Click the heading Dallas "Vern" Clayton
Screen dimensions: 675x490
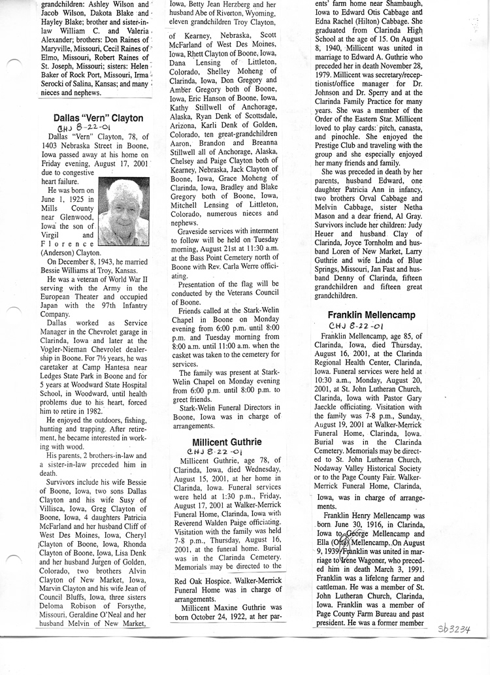98,118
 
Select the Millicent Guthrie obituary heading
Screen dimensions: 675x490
226,442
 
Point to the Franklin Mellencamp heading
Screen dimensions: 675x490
371,316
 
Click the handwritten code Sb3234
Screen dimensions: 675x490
455,629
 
